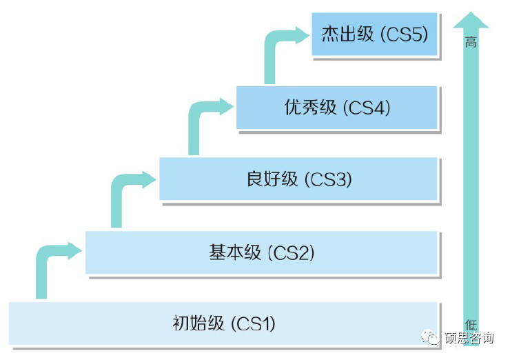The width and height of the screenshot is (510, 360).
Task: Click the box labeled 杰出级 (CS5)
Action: [374, 34]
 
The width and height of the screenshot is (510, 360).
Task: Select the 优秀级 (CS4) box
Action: [336, 108]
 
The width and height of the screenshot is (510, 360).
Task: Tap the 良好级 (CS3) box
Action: [298, 179]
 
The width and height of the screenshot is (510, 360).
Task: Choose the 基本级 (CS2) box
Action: [261, 252]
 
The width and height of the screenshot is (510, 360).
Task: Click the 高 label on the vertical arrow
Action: [471, 42]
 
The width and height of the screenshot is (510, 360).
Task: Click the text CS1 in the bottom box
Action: [254, 323]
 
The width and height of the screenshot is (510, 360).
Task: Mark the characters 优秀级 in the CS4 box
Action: [310, 108]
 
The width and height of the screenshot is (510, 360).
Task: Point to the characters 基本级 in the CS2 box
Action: [235, 252]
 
